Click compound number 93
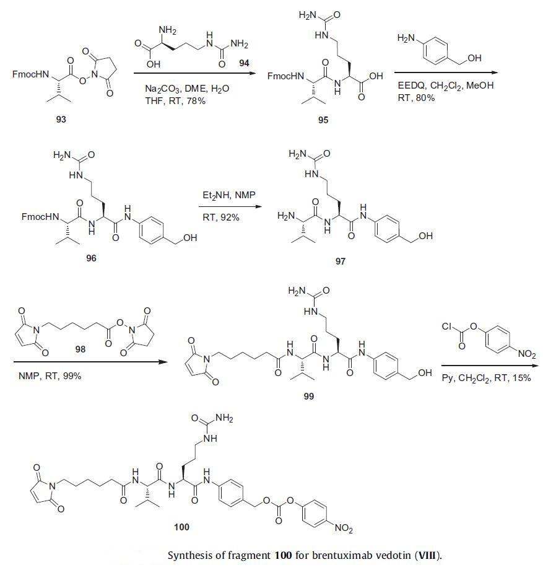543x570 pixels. pos(61,120)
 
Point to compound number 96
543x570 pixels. pos(91,258)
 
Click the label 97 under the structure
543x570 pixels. pos(340,261)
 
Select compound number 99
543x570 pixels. pos(308,397)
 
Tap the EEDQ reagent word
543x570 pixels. pos(414,85)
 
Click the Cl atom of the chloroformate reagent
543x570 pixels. pos(447,327)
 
